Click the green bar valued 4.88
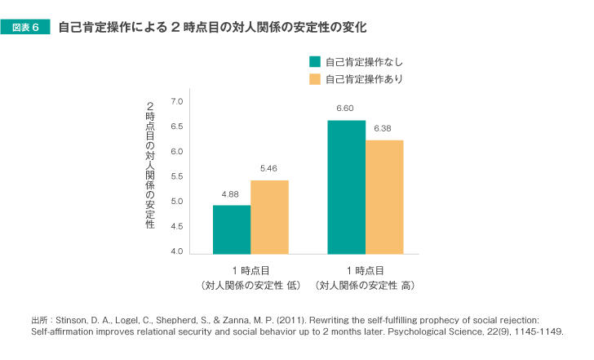pyautogui.click(x=232, y=229)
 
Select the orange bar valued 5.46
pyautogui.click(x=269, y=217)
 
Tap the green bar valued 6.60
pyautogui.click(x=346, y=187)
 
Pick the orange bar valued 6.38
pyautogui.click(x=384, y=197)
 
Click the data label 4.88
pyautogui.click(x=230, y=194)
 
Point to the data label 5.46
pyautogui.click(x=269, y=169)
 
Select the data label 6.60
pyautogui.click(x=345, y=109)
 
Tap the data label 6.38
pyautogui.click(x=383, y=129)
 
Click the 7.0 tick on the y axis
pyautogui.click(x=177, y=101)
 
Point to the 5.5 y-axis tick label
pyautogui.click(x=177, y=176)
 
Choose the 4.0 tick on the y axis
pyautogui.click(x=177, y=251)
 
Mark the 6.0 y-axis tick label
pyautogui.click(x=177, y=152)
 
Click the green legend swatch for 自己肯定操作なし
pyautogui.click(x=314, y=62)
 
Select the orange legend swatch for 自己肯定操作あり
pyautogui.click(x=314, y=79)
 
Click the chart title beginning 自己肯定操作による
pyautogui.click(x=212, y=28)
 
